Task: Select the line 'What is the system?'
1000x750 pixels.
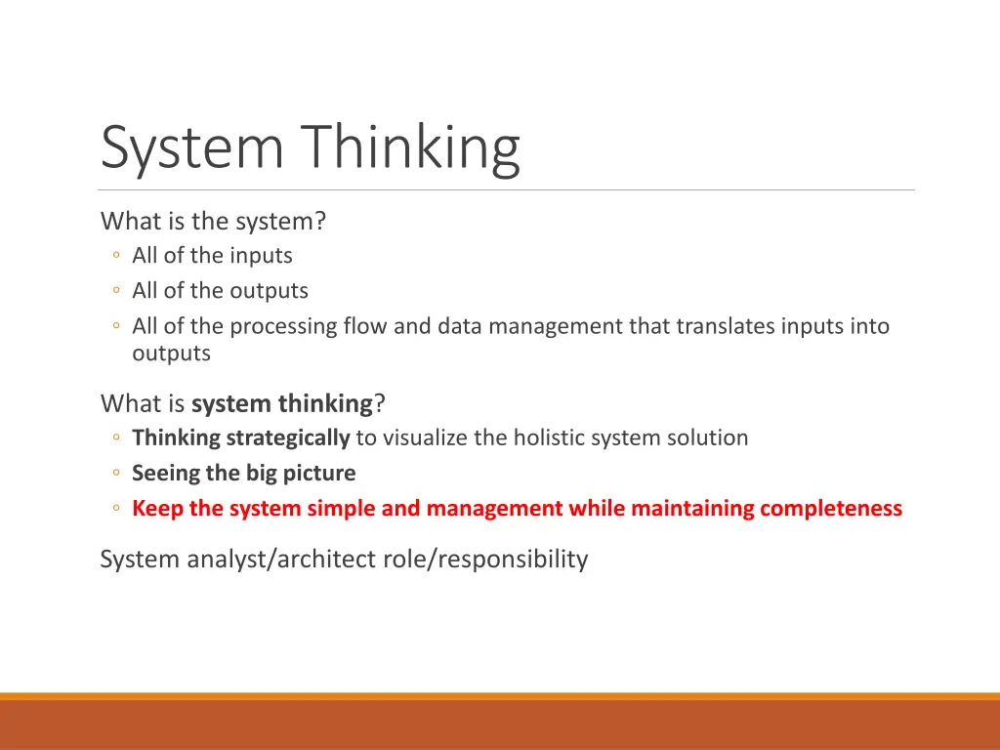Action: [213, 222]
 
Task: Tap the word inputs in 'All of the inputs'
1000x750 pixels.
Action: [261, 256]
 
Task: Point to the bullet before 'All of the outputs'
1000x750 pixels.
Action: [116, 291]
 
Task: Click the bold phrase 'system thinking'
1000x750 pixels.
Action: [282, 403]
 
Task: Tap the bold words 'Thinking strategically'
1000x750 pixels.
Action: [240, 437]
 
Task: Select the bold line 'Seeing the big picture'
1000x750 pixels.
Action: [244, 474]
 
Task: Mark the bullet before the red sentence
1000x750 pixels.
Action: [116, 509]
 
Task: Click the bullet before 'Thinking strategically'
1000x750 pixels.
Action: [116, 437]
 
